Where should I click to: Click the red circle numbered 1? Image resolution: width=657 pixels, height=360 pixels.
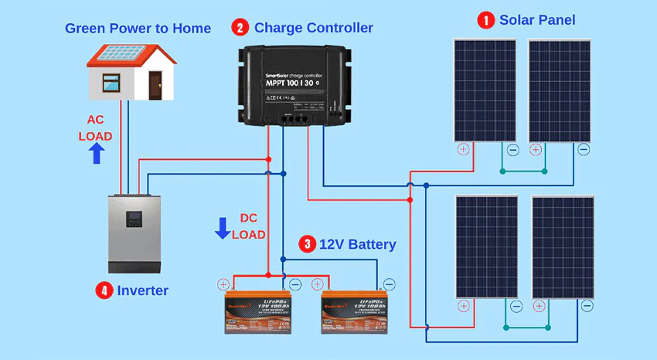click(x=485, y=20)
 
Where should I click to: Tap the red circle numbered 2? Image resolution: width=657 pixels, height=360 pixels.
click(x=240, y=28)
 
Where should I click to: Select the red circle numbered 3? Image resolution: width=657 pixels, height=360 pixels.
click(x=307, y=244)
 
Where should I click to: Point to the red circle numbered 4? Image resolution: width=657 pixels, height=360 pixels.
click(x=104, y=290)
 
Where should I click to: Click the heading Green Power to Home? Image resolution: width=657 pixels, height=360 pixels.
click(x=138, y=29)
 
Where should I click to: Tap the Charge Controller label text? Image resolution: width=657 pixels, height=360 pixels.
click(x=313, y=28)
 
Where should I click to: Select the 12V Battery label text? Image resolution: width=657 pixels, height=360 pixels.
click(x=357, y=244)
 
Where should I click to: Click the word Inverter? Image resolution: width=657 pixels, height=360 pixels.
click(x=143, y=290)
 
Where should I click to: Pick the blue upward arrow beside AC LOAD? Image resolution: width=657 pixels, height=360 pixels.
click(x=97, y=153)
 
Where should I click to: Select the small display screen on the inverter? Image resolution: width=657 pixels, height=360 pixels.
click(x=134, y=219)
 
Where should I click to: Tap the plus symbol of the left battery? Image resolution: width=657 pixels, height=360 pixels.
click(x=223, y=284)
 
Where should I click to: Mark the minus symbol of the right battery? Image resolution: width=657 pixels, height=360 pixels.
click(x=389, y=284)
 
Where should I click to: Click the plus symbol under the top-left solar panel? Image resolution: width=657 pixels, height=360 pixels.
click(x=463, y=149)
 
